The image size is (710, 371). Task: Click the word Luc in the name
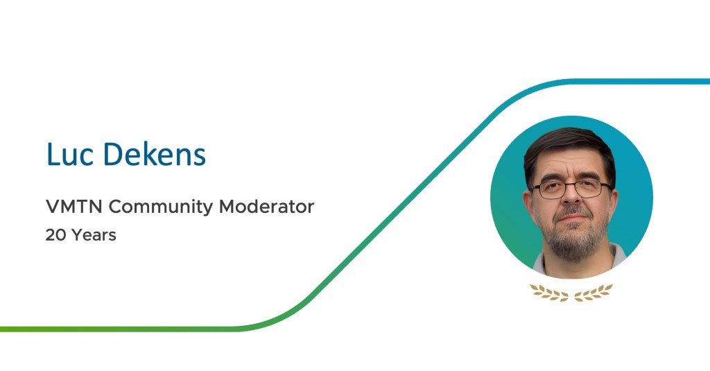tap(70, 154)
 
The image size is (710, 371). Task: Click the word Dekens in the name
tap(155, 154)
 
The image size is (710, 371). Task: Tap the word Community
tap(161, 207)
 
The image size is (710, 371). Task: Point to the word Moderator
tap(266, 207)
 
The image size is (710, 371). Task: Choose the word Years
tap(94, 235)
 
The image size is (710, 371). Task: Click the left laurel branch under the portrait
tap(550, 292)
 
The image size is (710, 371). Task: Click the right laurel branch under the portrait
tap(594, 292)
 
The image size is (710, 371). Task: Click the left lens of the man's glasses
tap(550, 190)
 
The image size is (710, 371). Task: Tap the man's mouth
tap(572, 218)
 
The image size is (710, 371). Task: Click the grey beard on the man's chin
tap(573, 240)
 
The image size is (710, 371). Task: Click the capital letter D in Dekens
tap(113, 154)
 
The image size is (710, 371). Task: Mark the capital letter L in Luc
tap(53, 154)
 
